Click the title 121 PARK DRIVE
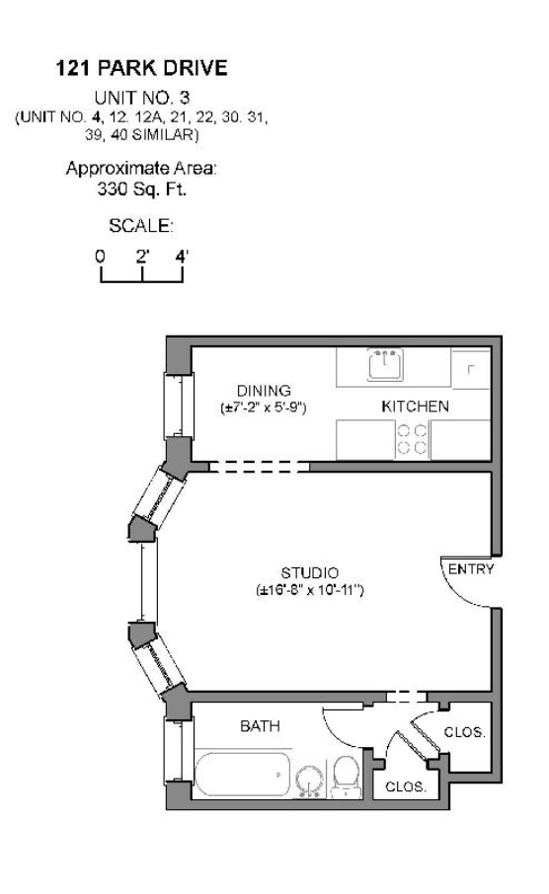(x=141, y=69)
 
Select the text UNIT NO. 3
(x=141, y=97)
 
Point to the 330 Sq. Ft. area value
(x=141, y=187)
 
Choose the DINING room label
(x=263, y=391)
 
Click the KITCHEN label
(x=415, y=406)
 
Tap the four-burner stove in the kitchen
(x=413, y=438)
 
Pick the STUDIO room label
(x=310, y=572)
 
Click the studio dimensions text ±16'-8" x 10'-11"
(x=310, y=590)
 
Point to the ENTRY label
(x=470, y=569)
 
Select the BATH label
(x=261, y=726)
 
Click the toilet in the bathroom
(x=347, y=778)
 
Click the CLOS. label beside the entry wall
(x=464, y=732)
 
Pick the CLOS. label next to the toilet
(x=405, y=787)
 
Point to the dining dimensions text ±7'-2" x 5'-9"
(x=263, y=407)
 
